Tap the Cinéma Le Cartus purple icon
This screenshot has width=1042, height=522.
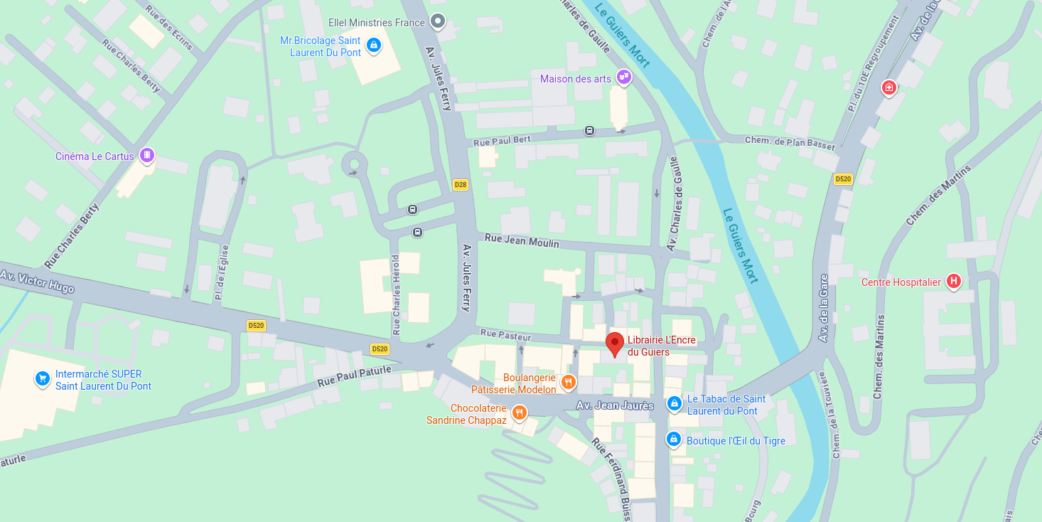point(146,154)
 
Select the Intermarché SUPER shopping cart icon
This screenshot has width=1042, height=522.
point(43,378)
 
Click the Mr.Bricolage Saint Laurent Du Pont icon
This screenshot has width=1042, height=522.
point(373,46)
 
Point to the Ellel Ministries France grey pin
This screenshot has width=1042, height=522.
point(439,22)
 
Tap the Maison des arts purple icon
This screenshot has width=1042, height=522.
point(623,76)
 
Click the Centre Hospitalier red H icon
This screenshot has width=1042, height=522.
point(954,282)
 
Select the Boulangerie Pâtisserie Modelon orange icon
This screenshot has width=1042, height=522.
point(568,383)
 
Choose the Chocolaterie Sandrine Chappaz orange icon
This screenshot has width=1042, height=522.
point(519,412)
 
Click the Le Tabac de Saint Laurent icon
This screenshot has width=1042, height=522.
point(674,404)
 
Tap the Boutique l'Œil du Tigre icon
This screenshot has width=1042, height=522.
point(673,439)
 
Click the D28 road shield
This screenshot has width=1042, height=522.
point(461,185)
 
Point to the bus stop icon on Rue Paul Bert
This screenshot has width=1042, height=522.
point(589,130)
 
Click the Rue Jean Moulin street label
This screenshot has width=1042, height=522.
point(521,241)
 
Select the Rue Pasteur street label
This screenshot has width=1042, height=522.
point(507,334)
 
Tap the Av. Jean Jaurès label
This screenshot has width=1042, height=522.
point(615,405)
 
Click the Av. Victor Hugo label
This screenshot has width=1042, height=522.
point(37,281)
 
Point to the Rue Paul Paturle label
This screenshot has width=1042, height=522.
point(354,376)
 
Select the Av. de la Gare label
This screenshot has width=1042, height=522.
point(824,308)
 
